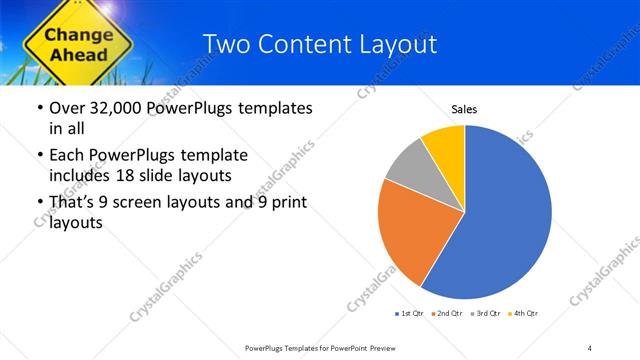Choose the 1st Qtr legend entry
pyautogui.click(x=410, y=314)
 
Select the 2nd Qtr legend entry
pyautogui.click(x=446, y=314)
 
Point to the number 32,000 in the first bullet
pyautogui.click(x=106, y=108)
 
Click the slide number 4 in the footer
pyautogui.click(x=590, y=347)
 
